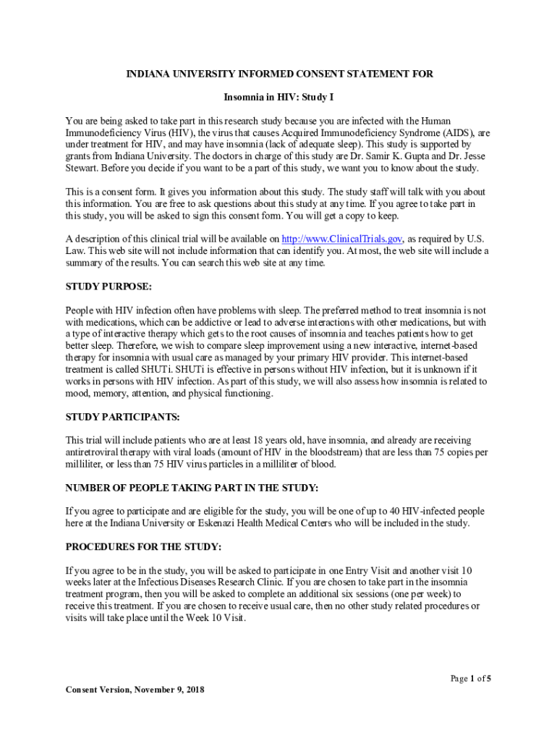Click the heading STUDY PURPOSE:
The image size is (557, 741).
coord(109,286)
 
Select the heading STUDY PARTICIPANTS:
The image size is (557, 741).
coord(122,417)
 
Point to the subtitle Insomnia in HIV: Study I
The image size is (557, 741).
coord(278,96)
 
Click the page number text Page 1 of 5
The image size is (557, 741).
coord(471,678)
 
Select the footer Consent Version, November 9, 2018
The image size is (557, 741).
coord(135,690)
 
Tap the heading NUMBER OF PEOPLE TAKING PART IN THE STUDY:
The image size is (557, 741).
coord(192,488)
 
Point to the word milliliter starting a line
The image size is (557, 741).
coord(85,465)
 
